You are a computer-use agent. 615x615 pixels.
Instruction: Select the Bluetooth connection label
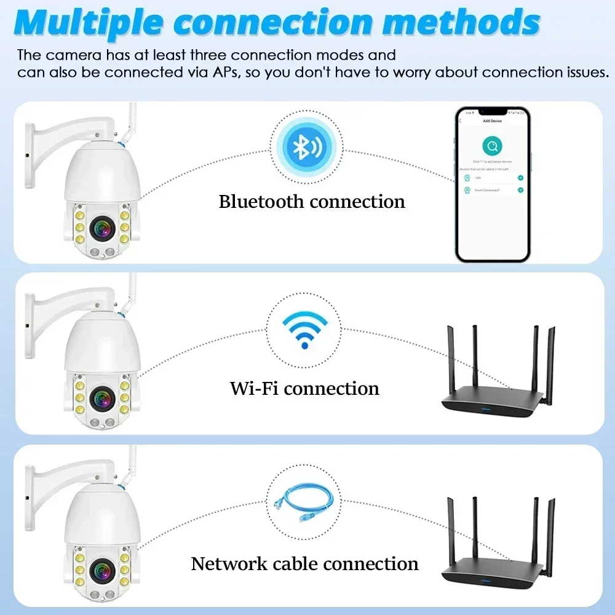click(x=312, y=202)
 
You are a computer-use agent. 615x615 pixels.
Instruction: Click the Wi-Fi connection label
click(x=304, y=388)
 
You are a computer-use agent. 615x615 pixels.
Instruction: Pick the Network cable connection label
click(x=304, y=563)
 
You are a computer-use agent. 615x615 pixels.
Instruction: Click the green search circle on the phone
click(x=492, y=146)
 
